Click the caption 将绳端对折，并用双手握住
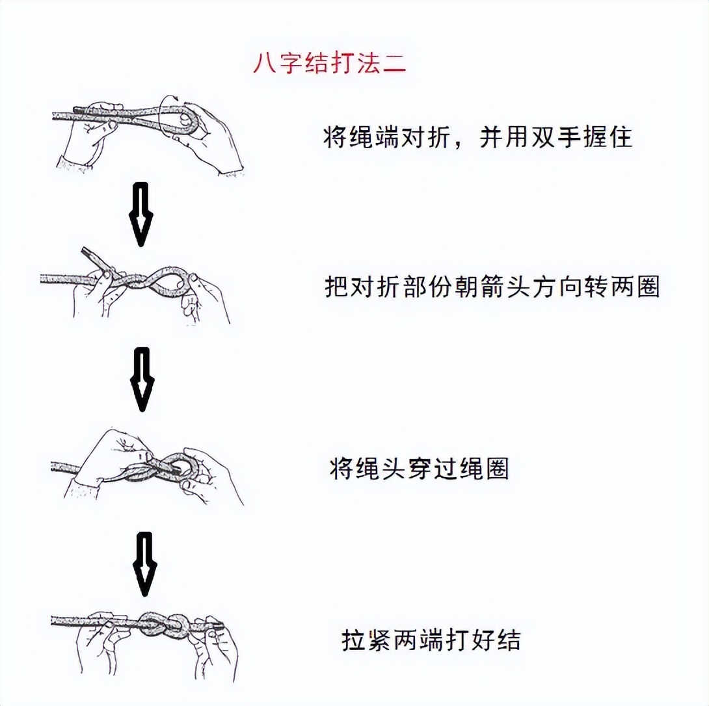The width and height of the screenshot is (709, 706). pyautogui.click(x=477, y=137)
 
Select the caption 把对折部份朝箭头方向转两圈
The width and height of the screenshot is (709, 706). pyautogui.click(x=492, y=287)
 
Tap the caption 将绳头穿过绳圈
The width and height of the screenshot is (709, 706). pyautogui.click(x=419, y=468)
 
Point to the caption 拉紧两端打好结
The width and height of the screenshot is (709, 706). pyautogui.click(x=431, y=640)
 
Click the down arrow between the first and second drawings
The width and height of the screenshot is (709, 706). pyautogui.click(x=140, y=214)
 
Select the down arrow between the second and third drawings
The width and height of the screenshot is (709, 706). pyautogui.click(x=140, y=379)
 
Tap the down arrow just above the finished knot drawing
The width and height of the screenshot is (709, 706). pyautogui.click(x=143, y=564)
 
